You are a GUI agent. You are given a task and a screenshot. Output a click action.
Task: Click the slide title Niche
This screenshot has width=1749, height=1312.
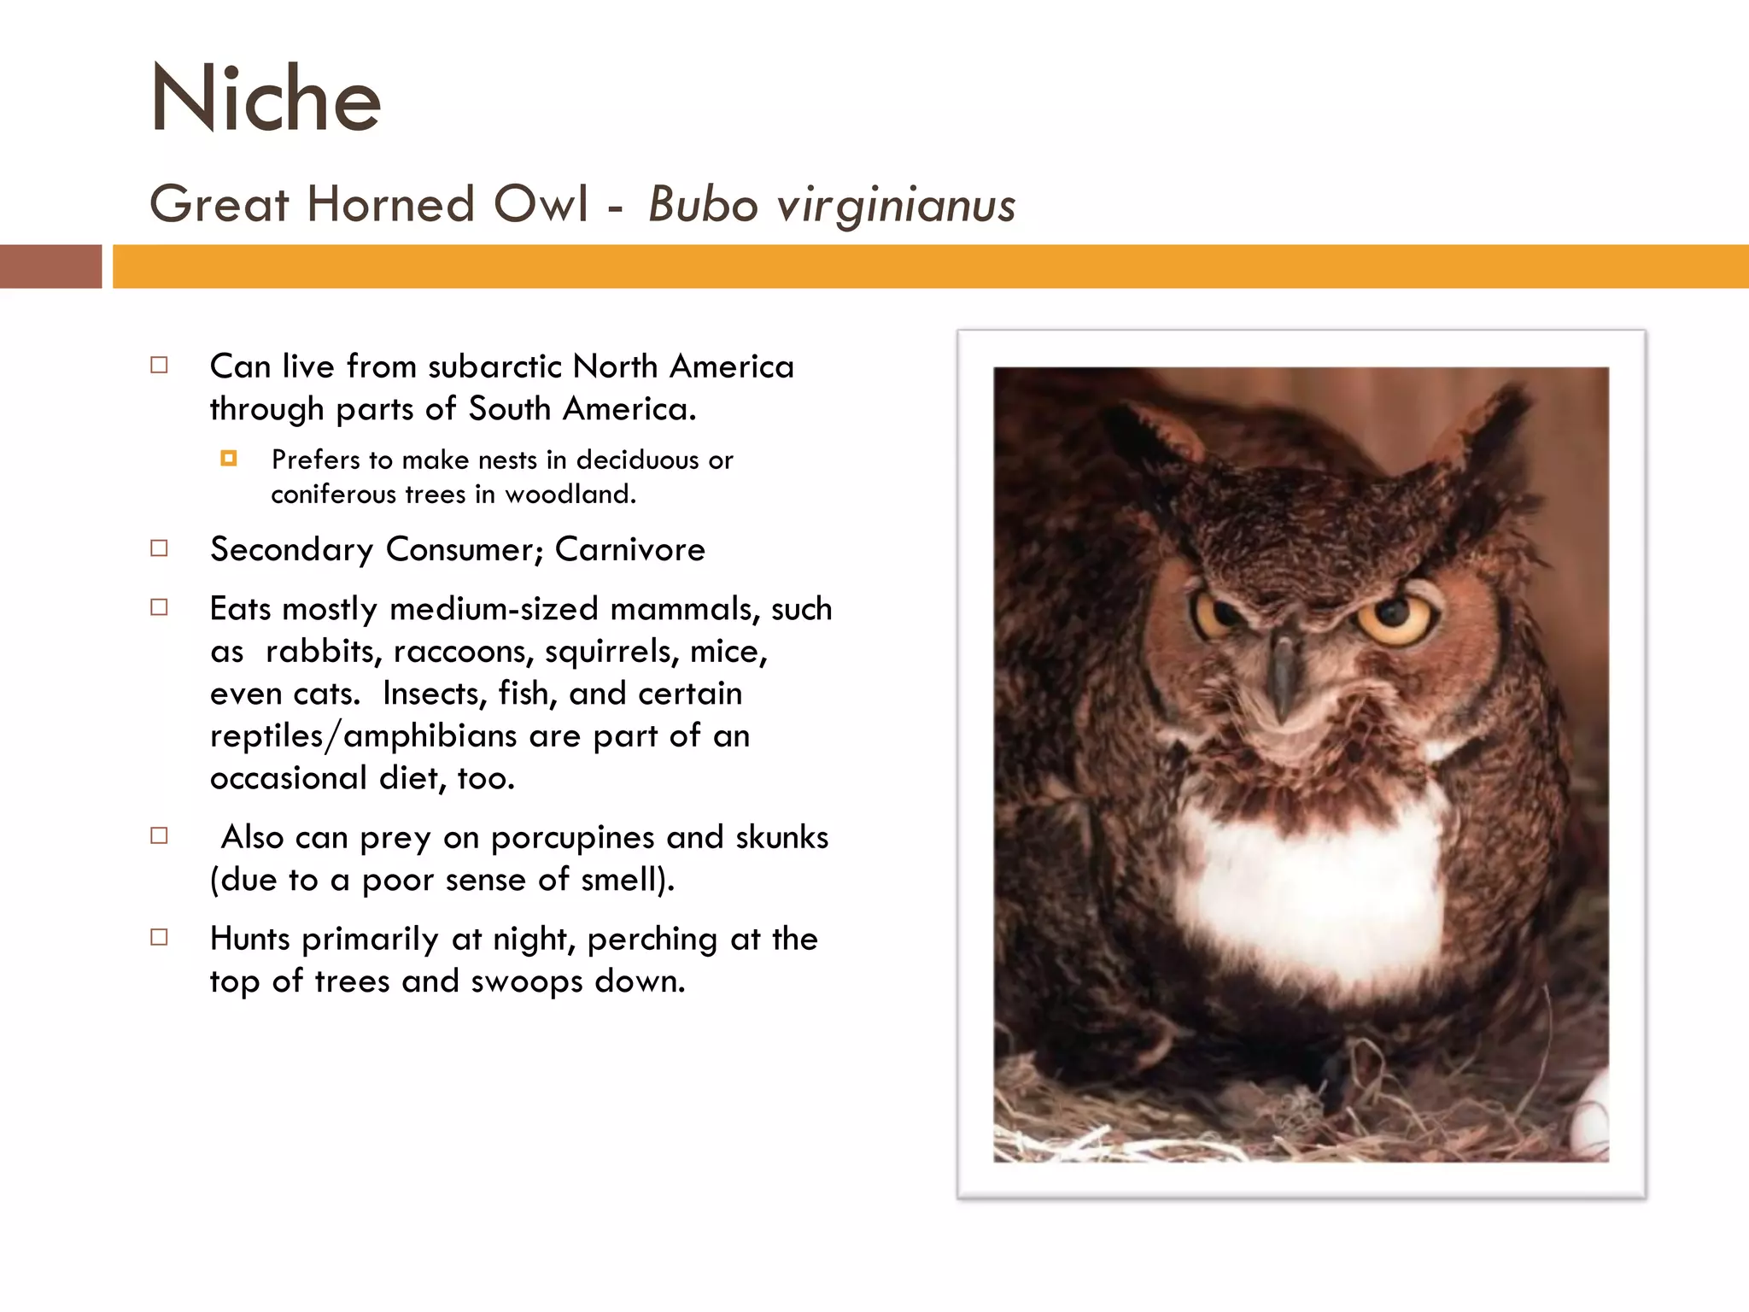[265, 99]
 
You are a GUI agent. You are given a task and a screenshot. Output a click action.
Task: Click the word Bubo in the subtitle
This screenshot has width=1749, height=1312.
[702, 205]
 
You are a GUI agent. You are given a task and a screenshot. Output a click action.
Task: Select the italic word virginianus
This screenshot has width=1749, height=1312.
[896, 207]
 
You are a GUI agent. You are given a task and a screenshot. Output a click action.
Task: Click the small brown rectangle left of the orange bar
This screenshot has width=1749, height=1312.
[50, 266]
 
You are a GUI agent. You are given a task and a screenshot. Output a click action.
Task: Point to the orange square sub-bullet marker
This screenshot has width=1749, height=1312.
[228, 459]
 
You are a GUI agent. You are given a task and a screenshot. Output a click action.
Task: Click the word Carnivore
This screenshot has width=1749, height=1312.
[629, 549]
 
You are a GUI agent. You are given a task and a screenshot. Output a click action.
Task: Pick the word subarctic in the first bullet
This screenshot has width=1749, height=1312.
[494, 366]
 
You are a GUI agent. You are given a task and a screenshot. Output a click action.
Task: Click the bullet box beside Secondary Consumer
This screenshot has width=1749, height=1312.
[159, 548]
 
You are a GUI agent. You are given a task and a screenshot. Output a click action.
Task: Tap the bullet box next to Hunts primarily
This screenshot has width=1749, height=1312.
[159, 938]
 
